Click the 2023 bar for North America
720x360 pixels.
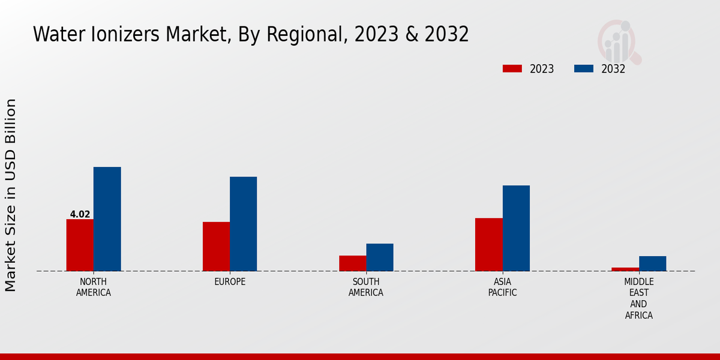(x=80, y=245)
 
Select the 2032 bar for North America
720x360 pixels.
(x=107, y=219)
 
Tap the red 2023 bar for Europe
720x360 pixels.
(x=216, y=247)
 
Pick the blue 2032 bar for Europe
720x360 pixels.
(x=243, y=224)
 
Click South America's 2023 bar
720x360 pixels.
(x=352, y=263)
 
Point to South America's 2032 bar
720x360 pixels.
(x=380, y=257)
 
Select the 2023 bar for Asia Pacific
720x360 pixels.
(x=488, y=244)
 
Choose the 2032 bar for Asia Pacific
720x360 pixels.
(x=516, y=228)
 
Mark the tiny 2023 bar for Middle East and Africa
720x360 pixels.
(x=625, y=269)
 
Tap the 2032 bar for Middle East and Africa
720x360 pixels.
(x=652, y=263)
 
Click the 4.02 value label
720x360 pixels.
(x=80, y=214)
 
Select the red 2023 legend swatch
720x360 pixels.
(x=512, y=68)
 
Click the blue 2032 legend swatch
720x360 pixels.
(x=584, y=68)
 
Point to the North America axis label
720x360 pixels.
(x=94, y=287)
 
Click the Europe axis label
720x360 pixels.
(x=230, y=282)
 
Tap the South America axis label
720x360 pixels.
(x=366, y=287)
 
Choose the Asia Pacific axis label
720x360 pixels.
(x=502, y=287)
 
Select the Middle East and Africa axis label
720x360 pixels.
(x=639, y=298)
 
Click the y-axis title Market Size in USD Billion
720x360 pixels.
(x=11, y=195)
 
